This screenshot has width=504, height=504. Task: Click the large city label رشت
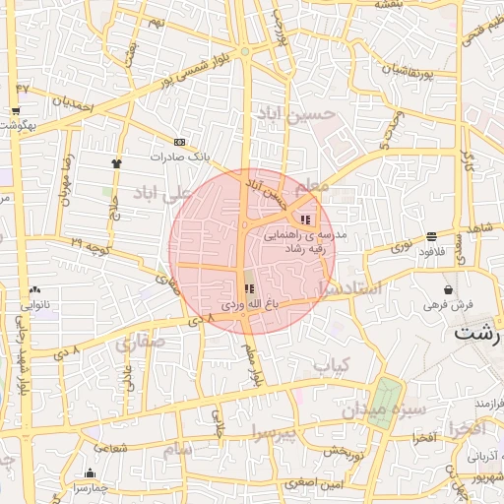(478, 333)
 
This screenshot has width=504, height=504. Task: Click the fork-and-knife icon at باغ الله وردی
(248, 289)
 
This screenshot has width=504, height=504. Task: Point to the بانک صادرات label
(180, 156)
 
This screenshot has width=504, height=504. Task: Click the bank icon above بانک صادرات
(179, 142)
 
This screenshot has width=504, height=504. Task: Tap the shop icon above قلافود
(432, 236)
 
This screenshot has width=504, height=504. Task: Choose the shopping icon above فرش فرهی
(449, 290)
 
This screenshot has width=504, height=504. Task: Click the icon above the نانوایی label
(35, 289)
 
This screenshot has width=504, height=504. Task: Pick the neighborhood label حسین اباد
(295, 115)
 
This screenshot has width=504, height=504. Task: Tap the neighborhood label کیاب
(332, 364)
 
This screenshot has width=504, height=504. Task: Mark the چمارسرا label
(91, 487)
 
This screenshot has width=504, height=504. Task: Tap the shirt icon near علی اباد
(117, 163)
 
